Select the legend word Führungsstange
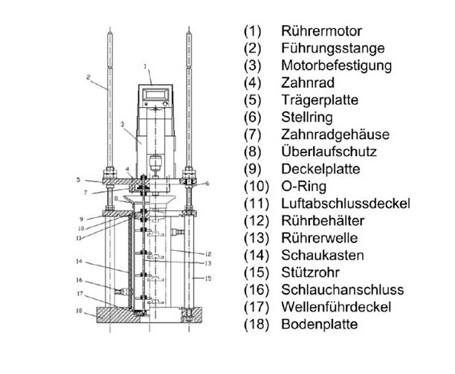(x=332, y=48)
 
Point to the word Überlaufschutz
(x=329, y=152)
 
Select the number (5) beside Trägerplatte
(x=253, y=100)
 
